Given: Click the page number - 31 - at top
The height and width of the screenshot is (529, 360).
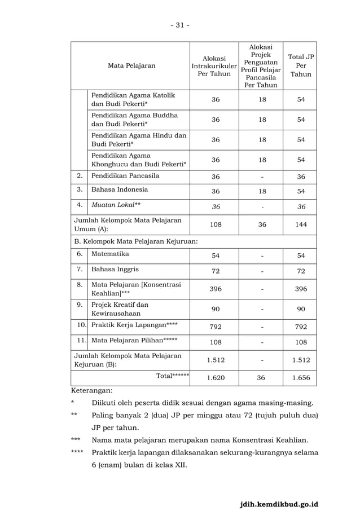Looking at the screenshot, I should pos(180,25).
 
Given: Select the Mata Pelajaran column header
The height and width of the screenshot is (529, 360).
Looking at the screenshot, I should pos(131,65).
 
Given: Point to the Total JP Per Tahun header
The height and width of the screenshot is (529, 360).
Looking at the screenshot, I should pos(301,65).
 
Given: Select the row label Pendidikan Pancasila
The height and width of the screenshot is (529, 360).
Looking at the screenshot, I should pos(125,176).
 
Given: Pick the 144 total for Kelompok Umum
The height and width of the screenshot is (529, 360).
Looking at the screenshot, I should pos(301,224).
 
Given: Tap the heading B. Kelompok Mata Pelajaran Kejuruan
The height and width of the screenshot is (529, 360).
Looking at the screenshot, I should pos(136,241).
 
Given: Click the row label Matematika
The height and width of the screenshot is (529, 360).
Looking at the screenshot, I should pos(110,254).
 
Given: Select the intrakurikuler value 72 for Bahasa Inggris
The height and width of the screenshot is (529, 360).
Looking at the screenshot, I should pos(216,271).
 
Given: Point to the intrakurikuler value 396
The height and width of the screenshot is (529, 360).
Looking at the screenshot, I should pos(216,289).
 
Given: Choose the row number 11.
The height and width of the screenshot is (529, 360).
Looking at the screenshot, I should pos(81,341).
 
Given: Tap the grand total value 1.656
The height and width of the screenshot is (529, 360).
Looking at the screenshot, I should pos(301,378).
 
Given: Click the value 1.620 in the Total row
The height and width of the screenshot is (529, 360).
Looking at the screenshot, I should pos(216,378).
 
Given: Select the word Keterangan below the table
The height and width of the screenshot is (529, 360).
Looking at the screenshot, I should pos(91,390).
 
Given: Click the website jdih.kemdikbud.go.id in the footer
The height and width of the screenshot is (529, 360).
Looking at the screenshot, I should pos(279,504).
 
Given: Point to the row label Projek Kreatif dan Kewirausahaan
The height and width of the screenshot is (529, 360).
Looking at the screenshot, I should pos(120,309).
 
